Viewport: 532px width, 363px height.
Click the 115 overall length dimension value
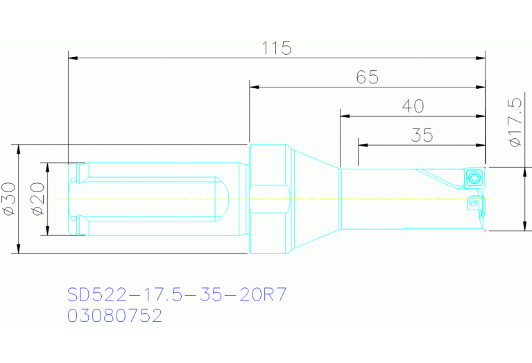(277, 49)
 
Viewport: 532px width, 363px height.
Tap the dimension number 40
(413, 106)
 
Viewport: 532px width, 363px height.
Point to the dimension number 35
(422, 135)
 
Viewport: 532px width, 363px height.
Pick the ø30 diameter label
(8, 199)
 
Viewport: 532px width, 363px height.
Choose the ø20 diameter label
(37, 199)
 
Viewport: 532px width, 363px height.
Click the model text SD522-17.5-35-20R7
(177, 294)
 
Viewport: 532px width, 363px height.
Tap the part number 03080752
(115, 316)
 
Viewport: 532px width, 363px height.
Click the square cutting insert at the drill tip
(474, 177)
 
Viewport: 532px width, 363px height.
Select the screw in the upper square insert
(474, 178)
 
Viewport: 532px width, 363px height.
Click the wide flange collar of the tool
(268, 199)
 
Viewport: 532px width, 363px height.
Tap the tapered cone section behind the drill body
(314, 199)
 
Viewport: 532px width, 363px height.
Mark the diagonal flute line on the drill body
(438, 178)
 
